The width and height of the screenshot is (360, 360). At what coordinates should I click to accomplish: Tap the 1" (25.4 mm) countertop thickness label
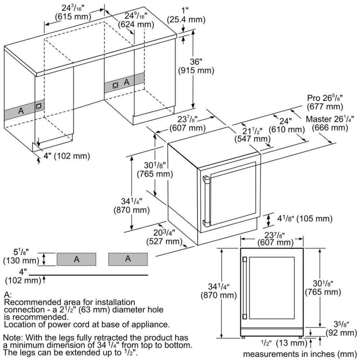186,15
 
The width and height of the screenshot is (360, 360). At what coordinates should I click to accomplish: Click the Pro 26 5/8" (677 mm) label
325,103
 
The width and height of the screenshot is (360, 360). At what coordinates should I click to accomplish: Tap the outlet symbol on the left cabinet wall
38,107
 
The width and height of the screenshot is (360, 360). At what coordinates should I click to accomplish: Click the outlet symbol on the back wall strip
116,85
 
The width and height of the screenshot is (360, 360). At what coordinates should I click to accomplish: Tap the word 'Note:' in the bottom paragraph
12,338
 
